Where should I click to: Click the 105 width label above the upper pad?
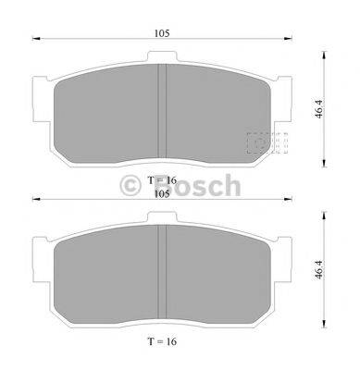pyautogui.click(x=161, y=33)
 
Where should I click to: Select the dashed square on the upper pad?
pyautogui.click(x=267, y=144)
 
